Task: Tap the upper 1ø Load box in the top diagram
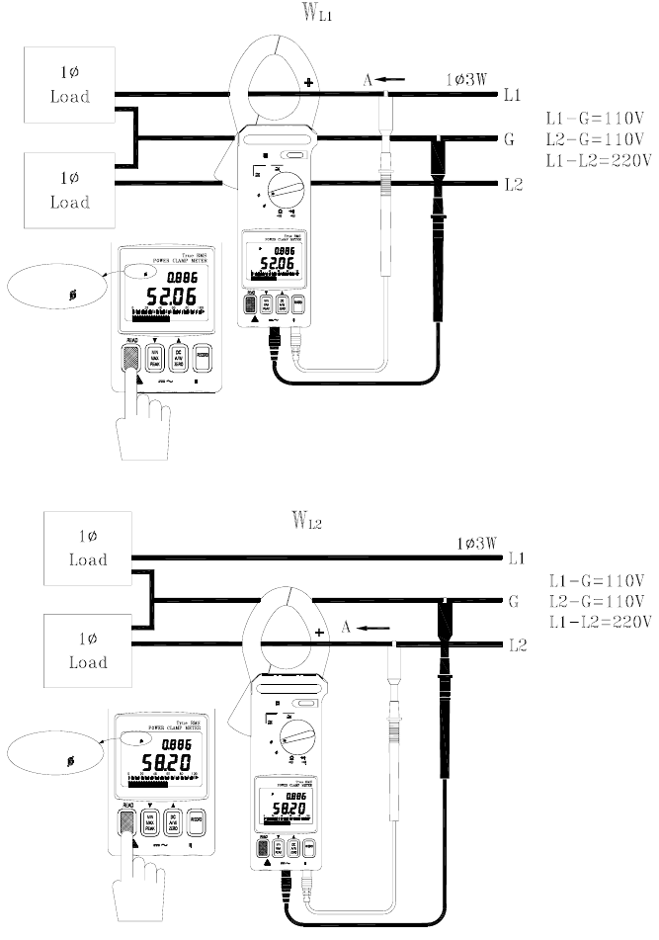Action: tap(69, 86)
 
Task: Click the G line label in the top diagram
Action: tap(509, 140)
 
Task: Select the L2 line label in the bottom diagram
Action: tap(515, 645)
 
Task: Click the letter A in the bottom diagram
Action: tap(345, 627)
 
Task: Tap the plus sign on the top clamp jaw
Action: tap(312, 82)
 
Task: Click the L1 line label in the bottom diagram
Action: tap(515, 559)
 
